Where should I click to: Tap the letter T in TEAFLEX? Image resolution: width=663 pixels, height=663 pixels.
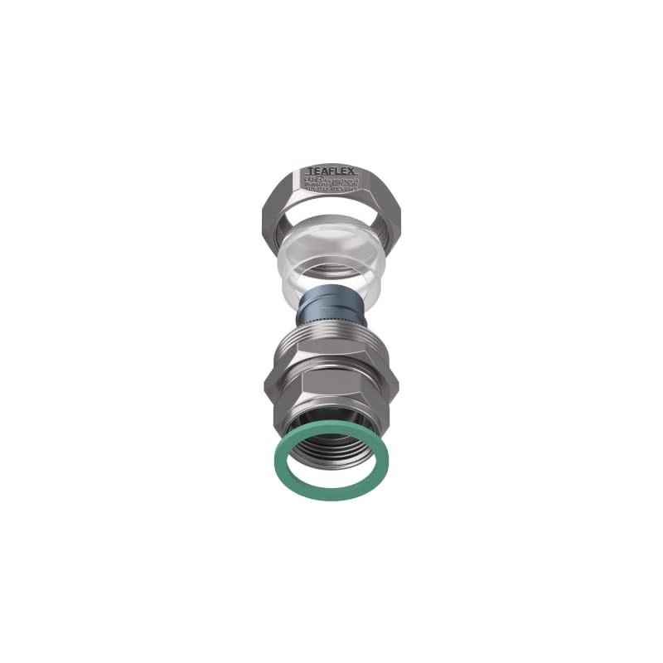click(312, 168)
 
